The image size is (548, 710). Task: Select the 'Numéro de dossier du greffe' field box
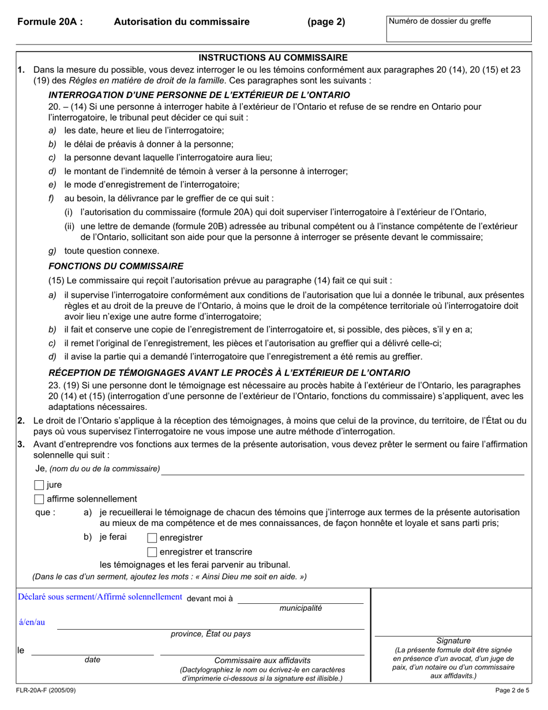coord(460,28)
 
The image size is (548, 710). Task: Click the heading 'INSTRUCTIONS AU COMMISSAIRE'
coord(273,58)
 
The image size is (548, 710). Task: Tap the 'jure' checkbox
coord(39,485)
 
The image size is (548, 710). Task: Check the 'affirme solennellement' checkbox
coord(39,499)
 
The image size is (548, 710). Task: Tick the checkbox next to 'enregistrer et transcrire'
coord(152,552)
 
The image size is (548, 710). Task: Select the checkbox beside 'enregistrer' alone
coord(152,538)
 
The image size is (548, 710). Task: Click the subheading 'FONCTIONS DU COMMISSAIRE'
coord(116,266)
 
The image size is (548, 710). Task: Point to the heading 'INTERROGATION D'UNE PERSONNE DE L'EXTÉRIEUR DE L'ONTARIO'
coord(199,95)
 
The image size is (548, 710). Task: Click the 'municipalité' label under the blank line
coord(301,608)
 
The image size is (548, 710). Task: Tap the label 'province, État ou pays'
coord(211,634)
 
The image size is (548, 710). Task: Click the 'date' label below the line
coord(92,659)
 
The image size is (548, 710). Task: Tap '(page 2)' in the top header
coord(326,22)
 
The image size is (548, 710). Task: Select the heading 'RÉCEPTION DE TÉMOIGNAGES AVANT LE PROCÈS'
coord(229,372)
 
